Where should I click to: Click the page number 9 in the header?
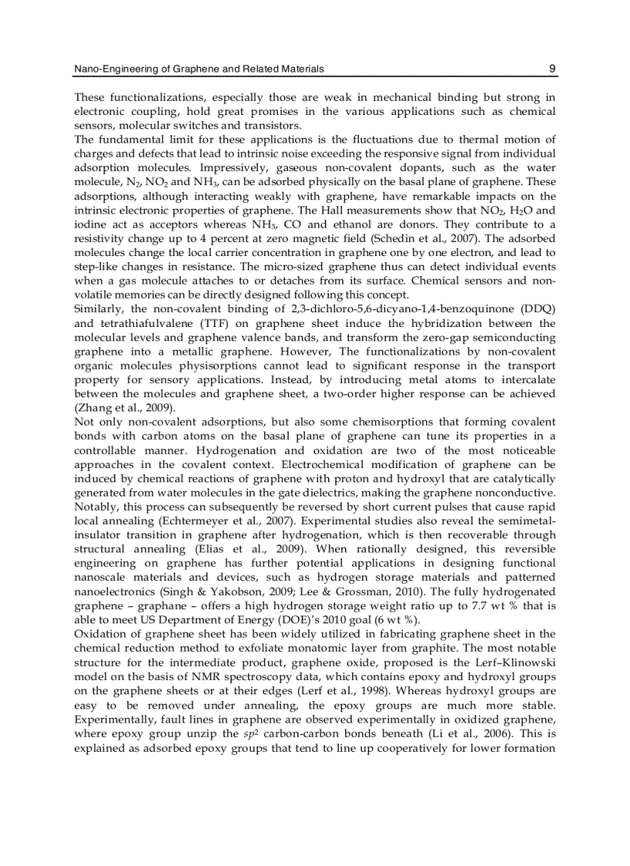pos(552,69)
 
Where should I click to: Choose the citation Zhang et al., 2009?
pos(124,407)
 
